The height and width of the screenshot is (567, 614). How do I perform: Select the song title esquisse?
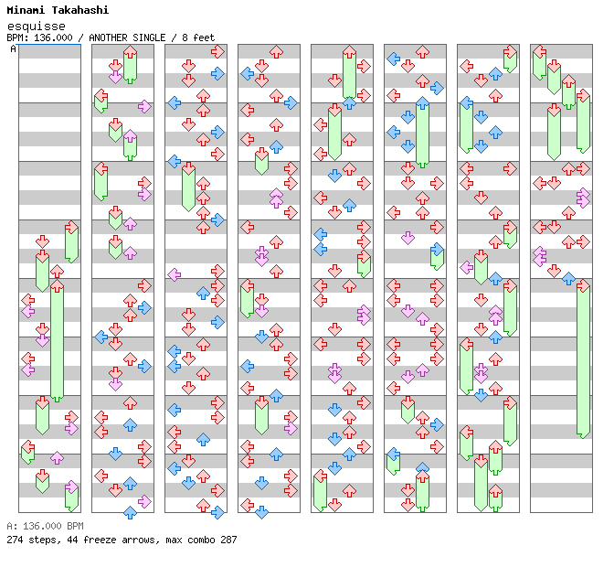[31, 26]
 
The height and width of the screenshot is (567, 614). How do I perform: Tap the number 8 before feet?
[185, 37]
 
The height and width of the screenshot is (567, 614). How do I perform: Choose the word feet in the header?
[204, 37]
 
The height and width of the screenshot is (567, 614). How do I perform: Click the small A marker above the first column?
[13, 49]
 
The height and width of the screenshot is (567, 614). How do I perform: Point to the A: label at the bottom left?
[11, 527]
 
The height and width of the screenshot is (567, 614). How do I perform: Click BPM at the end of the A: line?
[75, 527]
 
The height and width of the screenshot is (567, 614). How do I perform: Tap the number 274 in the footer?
[15, 540]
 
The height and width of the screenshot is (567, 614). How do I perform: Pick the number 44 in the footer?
[69, 540]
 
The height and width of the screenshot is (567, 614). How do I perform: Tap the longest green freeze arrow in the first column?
[57, 342]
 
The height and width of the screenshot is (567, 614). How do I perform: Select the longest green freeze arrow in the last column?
[583, 360]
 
